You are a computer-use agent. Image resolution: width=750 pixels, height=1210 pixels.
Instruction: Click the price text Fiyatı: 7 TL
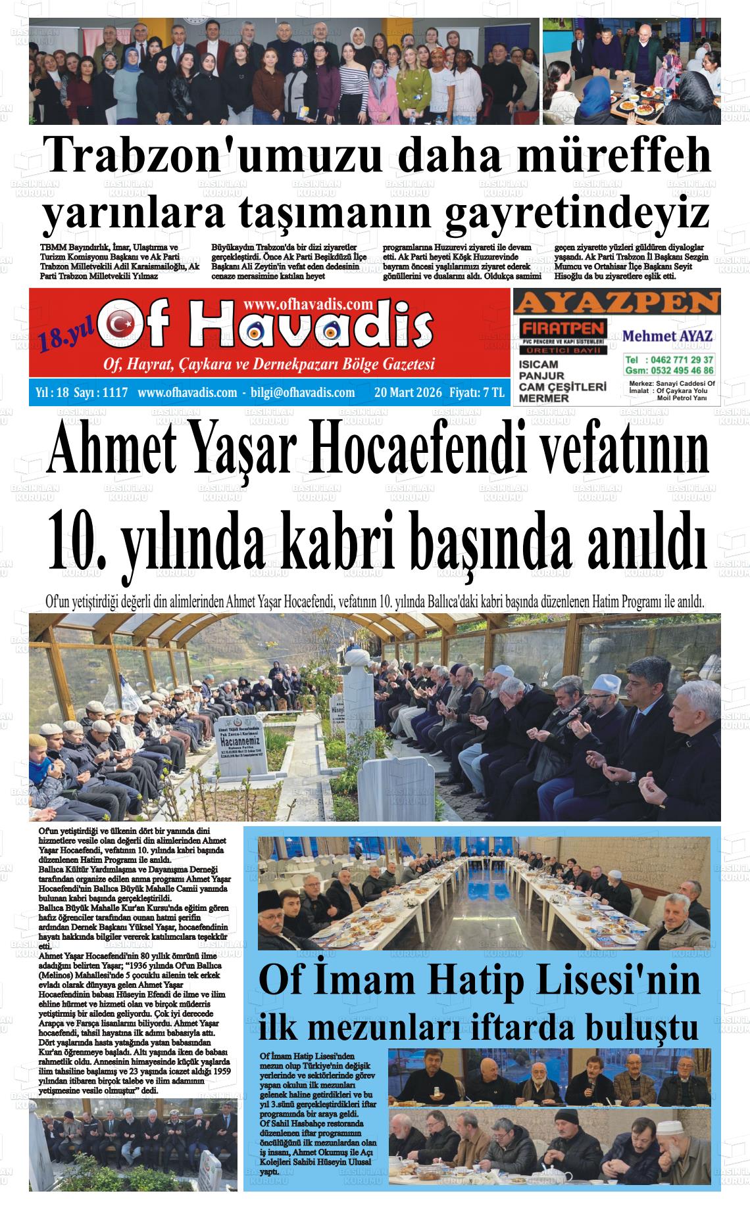point(477,392)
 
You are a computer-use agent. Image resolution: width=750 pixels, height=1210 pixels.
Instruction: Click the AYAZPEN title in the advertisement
point(616,303)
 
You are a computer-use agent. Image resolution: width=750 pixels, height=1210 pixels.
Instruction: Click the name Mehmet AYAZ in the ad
point(667,336)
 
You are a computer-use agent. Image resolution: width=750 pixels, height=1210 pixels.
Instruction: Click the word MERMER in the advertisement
point(543,398)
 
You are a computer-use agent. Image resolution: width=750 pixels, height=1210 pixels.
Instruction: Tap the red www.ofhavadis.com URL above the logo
point(308,304)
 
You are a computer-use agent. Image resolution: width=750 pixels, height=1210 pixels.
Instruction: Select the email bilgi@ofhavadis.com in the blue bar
point(303,392)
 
